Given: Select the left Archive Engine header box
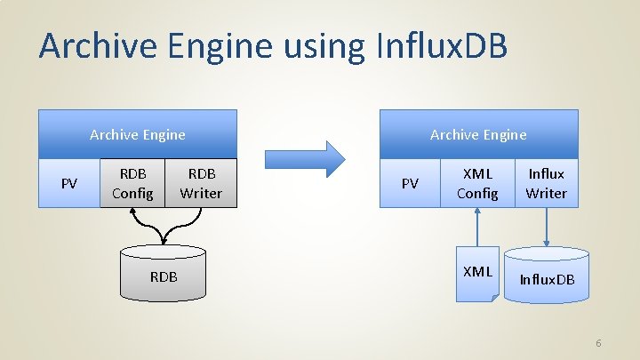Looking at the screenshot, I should tap(138, 134).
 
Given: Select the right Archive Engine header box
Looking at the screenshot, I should tap(478, 134).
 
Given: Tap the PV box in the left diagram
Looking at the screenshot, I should tap(68, 183).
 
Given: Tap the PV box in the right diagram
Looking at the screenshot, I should tap(410, 183).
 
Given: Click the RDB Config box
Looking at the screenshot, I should tap(132, 183).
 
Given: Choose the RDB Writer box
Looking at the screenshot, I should tap(202, 183).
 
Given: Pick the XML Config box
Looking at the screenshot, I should tap(477, 183).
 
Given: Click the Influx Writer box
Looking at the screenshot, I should tap(546, 183).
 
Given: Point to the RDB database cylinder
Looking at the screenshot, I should tap(164, 276).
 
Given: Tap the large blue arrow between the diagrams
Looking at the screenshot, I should tap(305, 158).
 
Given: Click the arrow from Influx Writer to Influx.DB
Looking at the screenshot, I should tap(547, 226).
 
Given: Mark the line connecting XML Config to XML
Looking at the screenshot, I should tap(477, 227).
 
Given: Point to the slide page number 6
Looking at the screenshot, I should tap(598, 343).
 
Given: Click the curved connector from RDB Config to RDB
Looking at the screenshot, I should tap(148, 227).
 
